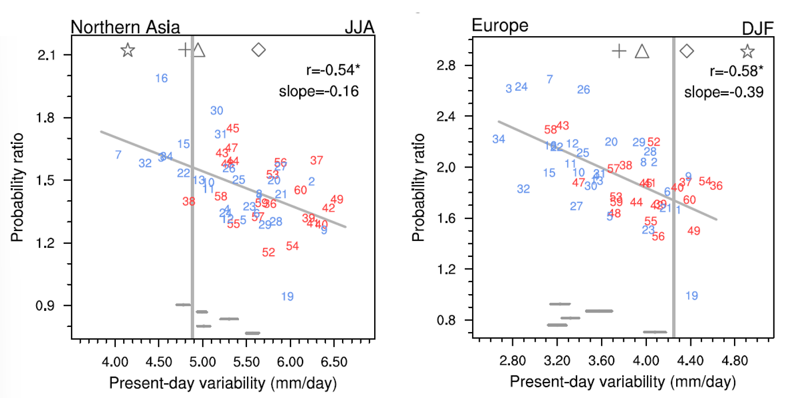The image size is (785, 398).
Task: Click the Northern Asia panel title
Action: (x=125, y=27)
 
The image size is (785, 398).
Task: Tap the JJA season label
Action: (x=359, y=27)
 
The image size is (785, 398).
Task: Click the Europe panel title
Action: (x=500, y=25)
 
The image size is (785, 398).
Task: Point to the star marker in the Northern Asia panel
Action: (x=128, y=50)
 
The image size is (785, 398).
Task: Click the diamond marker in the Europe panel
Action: (x=686, y=51)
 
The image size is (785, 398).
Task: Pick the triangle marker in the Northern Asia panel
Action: (x=199, y=50)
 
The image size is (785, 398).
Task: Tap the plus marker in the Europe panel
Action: (x=619, y=51)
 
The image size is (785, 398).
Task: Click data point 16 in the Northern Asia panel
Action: (x=162, y=79)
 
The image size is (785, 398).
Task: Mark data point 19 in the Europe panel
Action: (x=692, y=296)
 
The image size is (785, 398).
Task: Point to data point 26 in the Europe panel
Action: (x=583, y=90)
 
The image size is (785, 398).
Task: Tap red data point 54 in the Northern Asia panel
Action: (x=292, y=246)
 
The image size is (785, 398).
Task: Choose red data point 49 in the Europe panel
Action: (x=694, y=231)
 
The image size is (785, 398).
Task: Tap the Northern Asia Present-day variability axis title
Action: (x=222, y=383)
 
